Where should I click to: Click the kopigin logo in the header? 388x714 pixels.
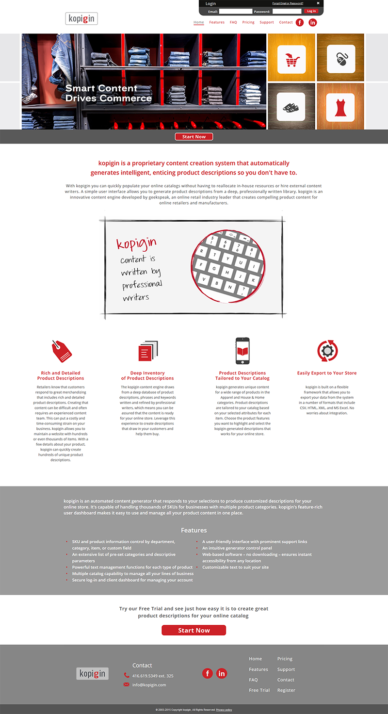[x=81, y=19]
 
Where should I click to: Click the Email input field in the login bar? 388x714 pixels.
[x=236, y=11]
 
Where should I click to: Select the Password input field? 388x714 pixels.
[x=287, y=11]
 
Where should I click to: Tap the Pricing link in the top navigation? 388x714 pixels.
[x=248, y=22]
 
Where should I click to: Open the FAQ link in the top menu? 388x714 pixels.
[x=233, y=22]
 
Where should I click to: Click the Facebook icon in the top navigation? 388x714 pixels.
[x=300, y=22]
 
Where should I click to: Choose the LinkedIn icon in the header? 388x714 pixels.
[x=313, y=22]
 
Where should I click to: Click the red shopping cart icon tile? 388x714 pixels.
[x=291, y=59]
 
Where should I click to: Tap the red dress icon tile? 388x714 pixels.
[x=340, y=107]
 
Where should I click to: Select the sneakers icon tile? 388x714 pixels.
[x=291, y=107]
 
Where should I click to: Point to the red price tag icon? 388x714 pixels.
[x=62, y=351]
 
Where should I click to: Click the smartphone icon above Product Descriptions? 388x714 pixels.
[x=242, y=351]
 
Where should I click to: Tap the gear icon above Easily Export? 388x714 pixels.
[x=327, y=351]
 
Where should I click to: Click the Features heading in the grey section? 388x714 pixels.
[x=194, y=530]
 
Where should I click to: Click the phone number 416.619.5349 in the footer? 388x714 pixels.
[x=153, y=676]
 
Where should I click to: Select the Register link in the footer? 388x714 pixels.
[x=286, y=690]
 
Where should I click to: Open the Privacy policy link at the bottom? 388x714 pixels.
[x=224, y=710]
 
